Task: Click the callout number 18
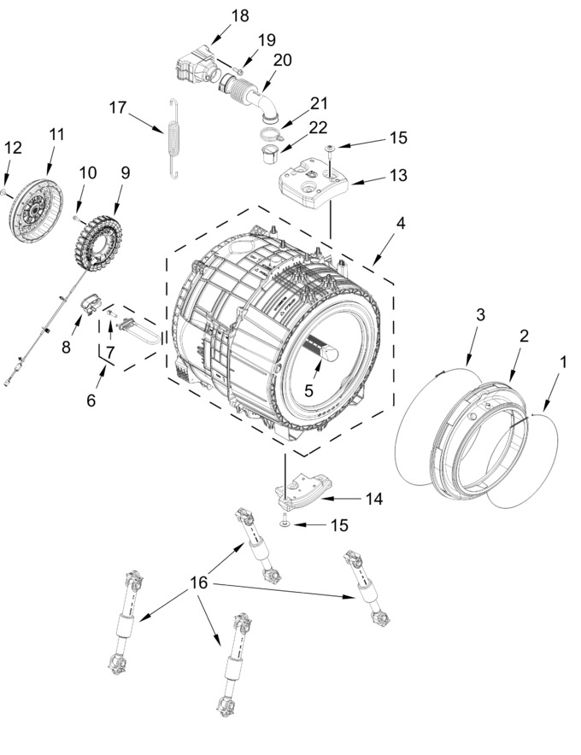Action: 239,15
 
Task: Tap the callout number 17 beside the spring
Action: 118,107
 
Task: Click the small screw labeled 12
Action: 3,192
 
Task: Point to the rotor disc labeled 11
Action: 36,209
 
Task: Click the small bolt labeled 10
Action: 76,218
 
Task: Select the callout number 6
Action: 91,400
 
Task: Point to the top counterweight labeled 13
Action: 314,184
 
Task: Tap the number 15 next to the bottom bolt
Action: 339,525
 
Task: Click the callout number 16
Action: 198,582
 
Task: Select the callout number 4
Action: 401,223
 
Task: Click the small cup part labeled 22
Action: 271,155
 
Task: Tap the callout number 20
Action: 282,60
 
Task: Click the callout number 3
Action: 480,315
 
